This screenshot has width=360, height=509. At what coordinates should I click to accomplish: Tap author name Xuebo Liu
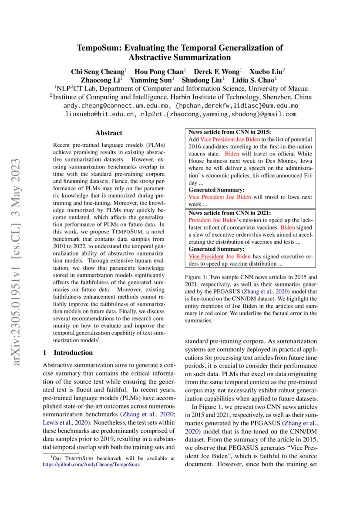(266, 71)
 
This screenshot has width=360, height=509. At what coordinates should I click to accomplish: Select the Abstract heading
(109, 133)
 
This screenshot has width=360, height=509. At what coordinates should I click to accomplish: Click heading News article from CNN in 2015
(229, 132)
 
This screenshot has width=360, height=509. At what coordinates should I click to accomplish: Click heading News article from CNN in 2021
(229, 213)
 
